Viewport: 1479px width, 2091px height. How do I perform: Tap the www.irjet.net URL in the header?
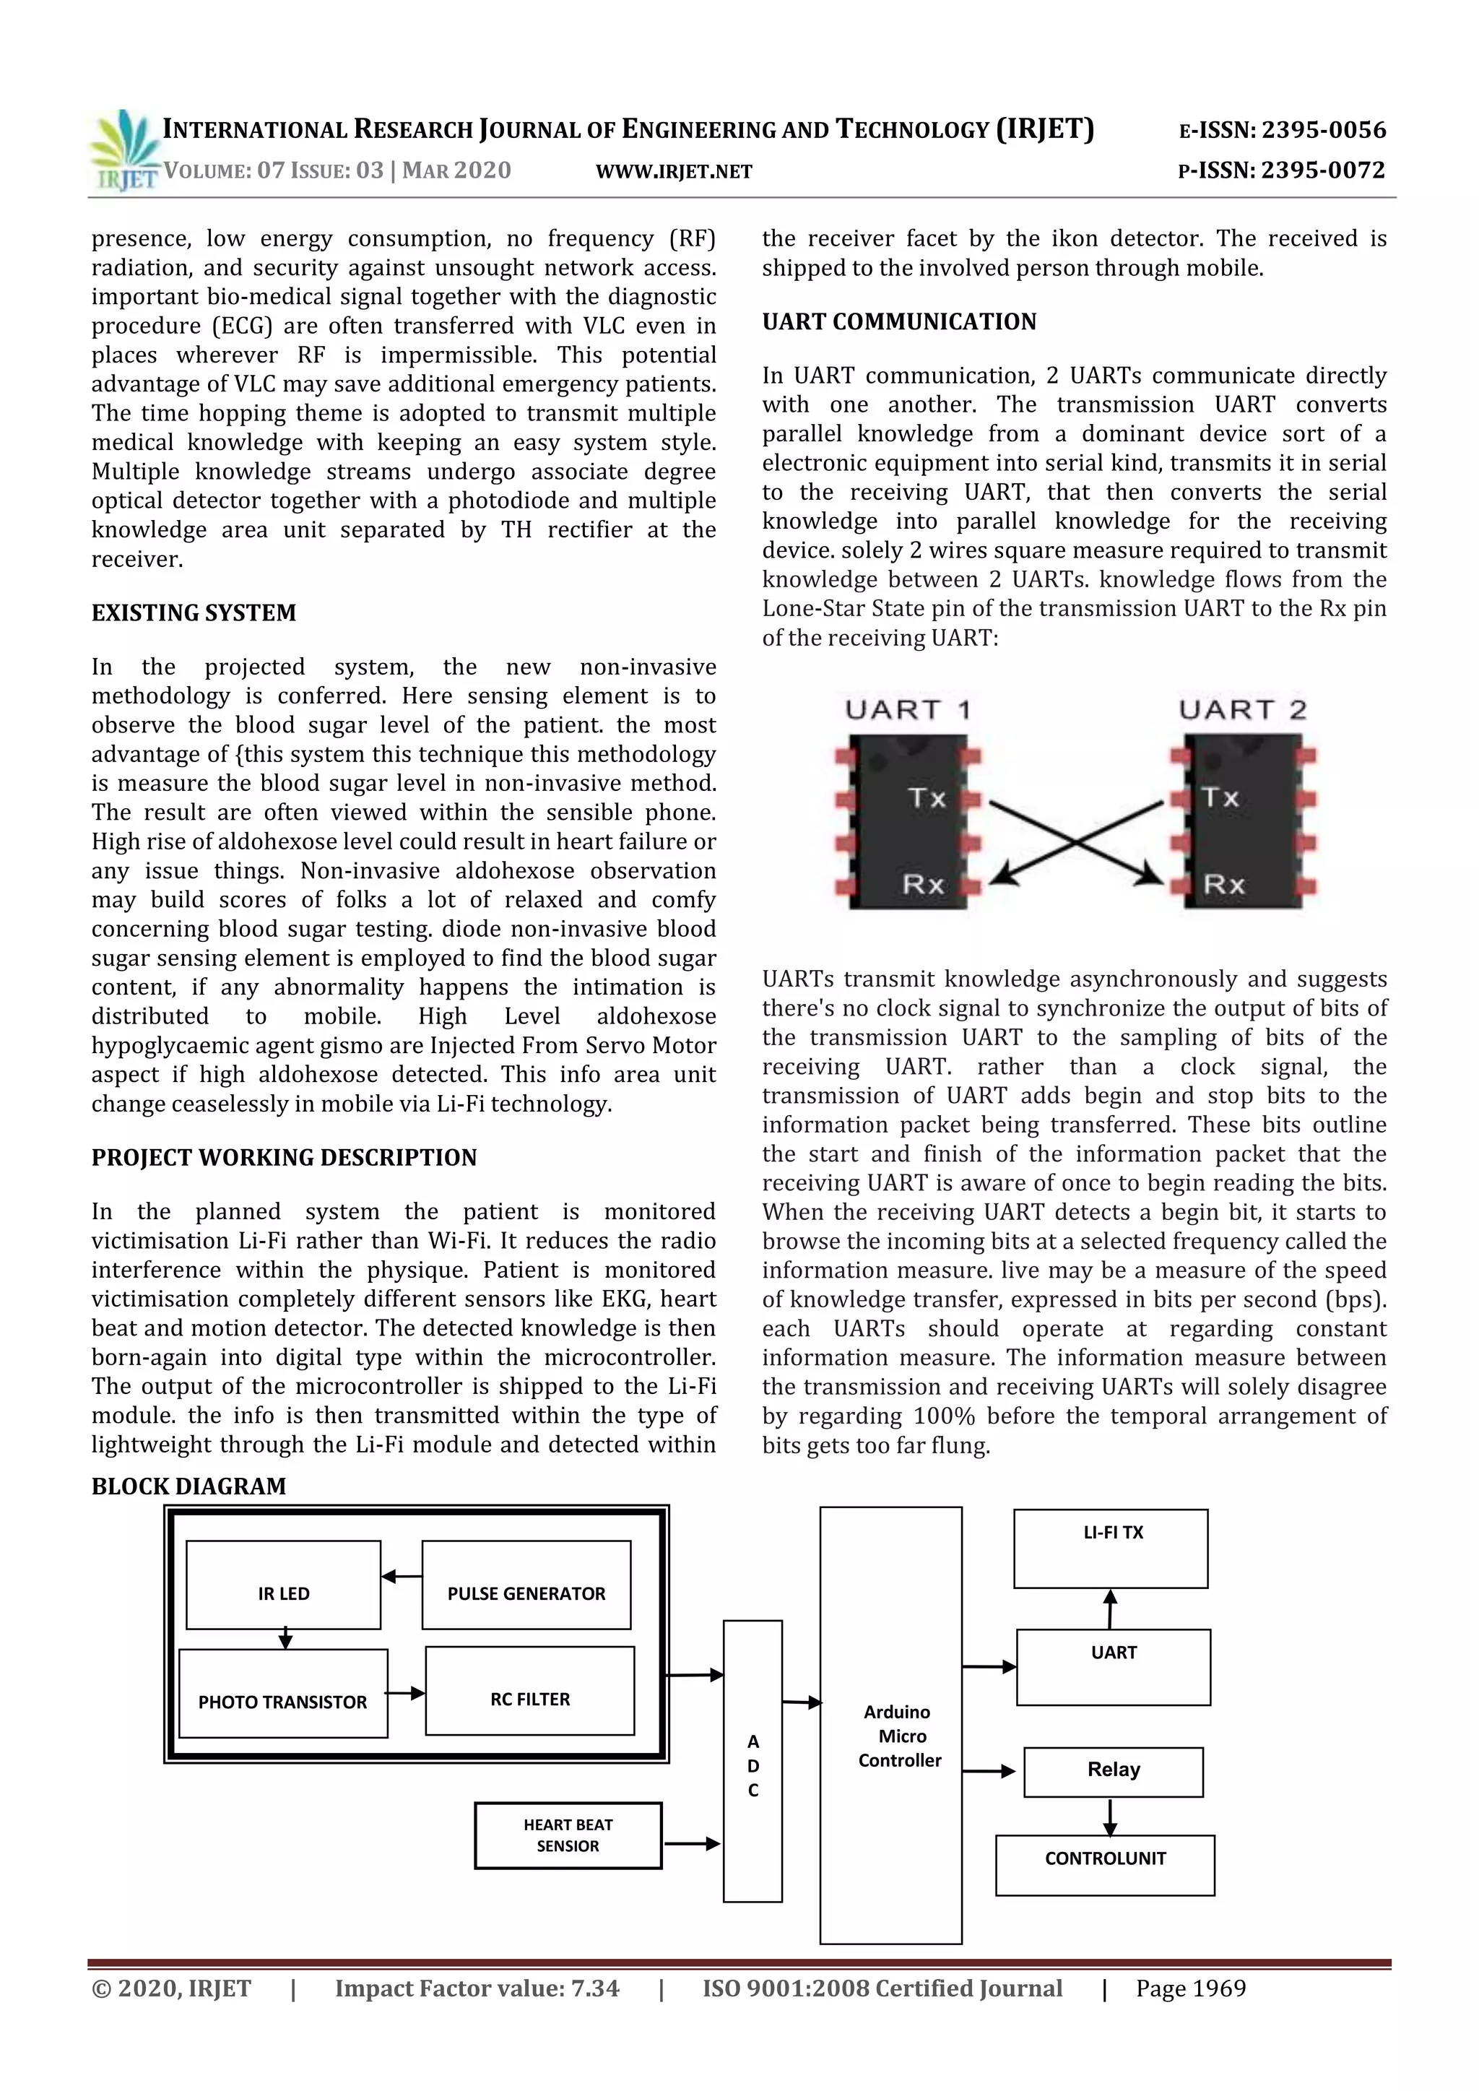pos(674,171)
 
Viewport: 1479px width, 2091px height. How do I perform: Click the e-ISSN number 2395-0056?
pos(1322,130)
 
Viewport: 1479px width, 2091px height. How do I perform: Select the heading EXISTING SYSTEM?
pos(193,613)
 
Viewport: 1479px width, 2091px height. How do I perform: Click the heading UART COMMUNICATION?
pos(899,321)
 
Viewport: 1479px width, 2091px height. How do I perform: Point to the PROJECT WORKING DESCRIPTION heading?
pos(283,1158)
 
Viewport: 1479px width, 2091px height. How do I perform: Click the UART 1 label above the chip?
pos(908,709)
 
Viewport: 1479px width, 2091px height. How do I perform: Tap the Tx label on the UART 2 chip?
pos(1220,798)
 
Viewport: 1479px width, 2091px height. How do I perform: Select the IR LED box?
pos(283,1585)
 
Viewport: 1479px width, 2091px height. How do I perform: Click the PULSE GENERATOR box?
pos(526,1585)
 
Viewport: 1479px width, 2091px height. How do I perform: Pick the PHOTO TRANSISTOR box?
pos(282,1694)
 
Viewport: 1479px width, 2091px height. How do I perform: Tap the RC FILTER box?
pos(529,1691)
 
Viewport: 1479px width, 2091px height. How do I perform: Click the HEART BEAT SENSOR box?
pos(568,1836)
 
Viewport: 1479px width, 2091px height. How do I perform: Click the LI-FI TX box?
pos(1111,1549)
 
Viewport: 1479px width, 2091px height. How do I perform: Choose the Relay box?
pos(1113,1770)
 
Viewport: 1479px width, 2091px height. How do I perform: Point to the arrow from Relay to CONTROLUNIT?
pos(1109,1816)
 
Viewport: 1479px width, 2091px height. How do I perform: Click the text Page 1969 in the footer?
pos(1190,1989)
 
